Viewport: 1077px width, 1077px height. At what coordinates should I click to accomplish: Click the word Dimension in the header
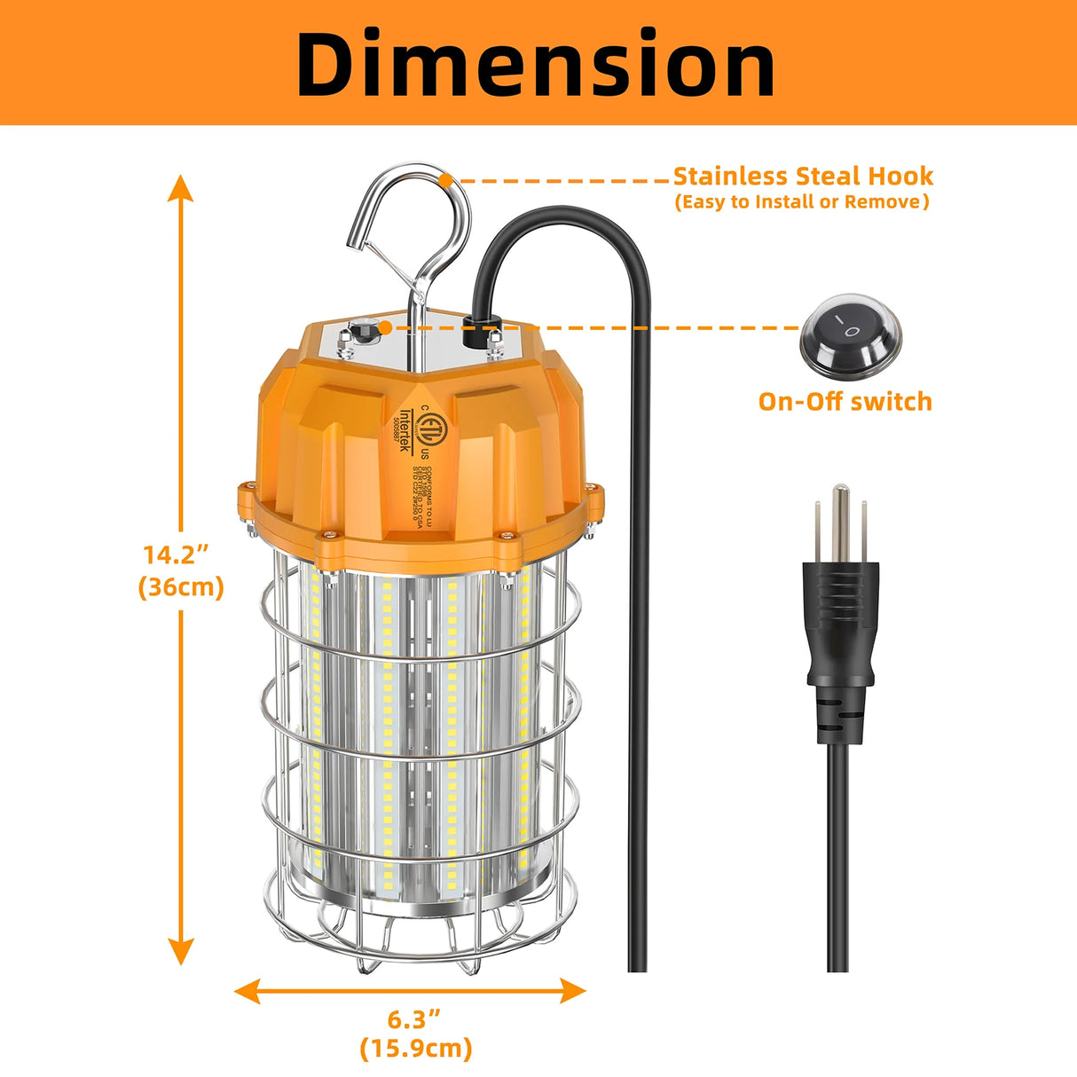tap(536, 64)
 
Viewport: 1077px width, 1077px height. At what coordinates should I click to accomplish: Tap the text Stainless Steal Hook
tap(803, 176)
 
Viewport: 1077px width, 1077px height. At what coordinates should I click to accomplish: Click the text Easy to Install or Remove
tap(802, 202)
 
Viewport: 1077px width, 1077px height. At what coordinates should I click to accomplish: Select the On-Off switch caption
tap(845, 402)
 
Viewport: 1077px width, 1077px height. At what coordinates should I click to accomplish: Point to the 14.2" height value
tap(176, 555)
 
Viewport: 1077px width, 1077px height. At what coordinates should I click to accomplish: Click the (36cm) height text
tap(181, 587)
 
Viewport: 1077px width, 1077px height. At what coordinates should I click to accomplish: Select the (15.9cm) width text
tap(416, 1049)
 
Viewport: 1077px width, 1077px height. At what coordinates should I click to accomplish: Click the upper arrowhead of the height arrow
tap(181, 188)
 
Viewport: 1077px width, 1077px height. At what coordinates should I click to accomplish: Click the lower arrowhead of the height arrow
tap(181, 951)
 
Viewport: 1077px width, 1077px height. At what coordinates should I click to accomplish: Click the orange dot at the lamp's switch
tap(386, 328)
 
